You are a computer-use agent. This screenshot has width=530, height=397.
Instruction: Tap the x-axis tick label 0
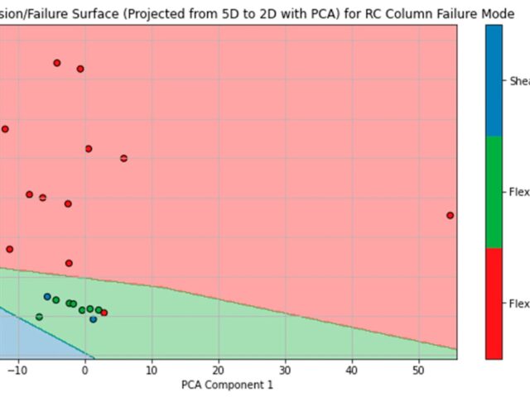click(x=84, y=371)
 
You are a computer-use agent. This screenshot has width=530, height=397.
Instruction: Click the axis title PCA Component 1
click(x=226, y=385)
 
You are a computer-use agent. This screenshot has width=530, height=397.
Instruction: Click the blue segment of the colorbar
click(x=494, y=80)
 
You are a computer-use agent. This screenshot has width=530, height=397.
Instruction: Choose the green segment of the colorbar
click(x=494, y=192)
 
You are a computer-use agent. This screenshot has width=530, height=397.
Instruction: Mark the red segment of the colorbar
click(x=494, y=304)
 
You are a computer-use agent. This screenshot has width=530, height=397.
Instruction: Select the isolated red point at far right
click(x=450, y=215)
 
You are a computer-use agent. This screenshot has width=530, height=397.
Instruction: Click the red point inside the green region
click(x=104, y=313)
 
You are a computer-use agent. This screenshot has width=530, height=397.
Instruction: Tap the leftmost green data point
click(x=39, y=317)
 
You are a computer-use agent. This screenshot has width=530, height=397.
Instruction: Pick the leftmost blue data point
click(x=47, y=296)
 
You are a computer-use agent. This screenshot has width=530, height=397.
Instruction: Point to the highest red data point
click(x=56, y=63)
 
